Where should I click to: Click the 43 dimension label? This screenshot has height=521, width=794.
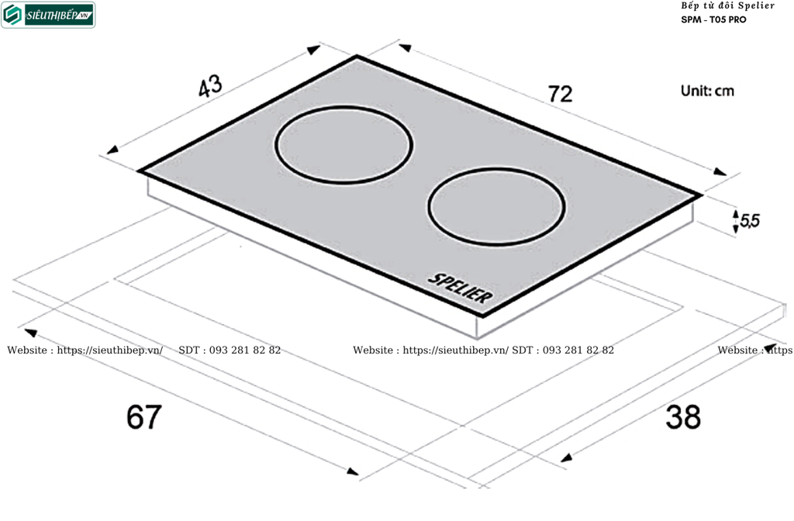210,86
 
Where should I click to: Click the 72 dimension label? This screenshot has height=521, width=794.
560,94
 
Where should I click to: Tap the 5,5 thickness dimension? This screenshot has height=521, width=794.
750,220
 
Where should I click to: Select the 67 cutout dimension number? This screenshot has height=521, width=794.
144,416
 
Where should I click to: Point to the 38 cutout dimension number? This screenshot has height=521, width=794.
683,416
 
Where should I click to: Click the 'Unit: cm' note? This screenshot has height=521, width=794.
707,91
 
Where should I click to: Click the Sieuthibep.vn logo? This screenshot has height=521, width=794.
48,15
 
